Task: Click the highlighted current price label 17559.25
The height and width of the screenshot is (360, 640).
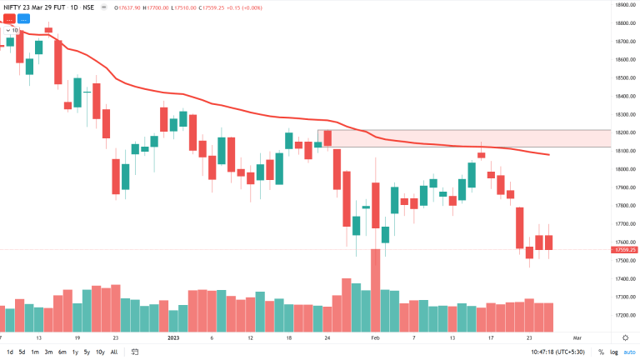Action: [625, 249]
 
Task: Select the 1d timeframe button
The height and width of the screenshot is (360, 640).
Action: [9, 352]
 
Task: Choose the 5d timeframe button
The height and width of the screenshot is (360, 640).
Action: [22, 352]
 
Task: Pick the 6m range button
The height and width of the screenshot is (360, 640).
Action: [62, 352]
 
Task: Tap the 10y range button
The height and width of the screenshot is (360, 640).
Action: [99, 352]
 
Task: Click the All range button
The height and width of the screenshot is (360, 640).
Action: [114, 352]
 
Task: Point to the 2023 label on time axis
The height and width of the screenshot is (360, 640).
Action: [173, 338]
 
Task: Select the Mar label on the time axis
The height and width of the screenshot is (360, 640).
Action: [576, 338]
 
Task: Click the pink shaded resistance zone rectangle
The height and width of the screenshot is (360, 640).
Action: [467, 138]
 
